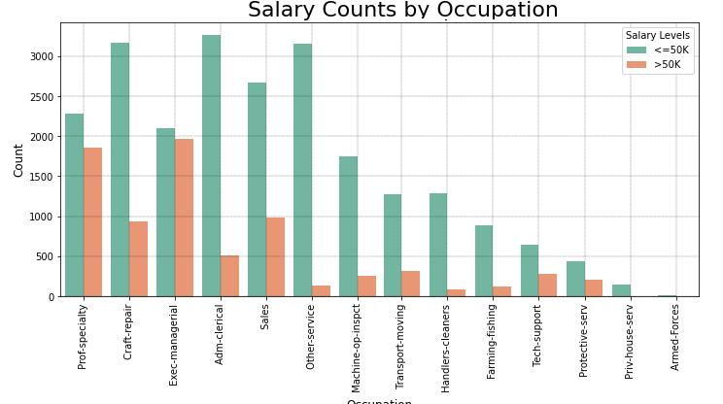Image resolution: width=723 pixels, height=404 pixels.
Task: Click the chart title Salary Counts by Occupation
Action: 402,11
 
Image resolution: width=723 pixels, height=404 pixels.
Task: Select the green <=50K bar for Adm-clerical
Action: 211,165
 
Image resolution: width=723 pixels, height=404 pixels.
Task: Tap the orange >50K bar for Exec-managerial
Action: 184,218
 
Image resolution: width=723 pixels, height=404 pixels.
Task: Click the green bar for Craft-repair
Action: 120,169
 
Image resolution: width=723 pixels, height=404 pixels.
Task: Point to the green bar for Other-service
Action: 302,170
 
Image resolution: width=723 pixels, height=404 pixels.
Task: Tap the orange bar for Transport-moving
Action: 411,284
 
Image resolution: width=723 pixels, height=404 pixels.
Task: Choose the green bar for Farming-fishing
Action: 484,260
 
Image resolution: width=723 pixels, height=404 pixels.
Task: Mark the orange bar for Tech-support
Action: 548,285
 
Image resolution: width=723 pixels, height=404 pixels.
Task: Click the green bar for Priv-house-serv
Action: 621,290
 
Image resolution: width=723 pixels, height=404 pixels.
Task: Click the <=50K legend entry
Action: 659,50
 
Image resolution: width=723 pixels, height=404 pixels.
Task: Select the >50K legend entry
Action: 659,65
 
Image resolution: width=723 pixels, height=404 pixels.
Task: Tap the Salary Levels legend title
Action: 657,36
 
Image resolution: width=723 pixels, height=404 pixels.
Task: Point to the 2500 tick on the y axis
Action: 43,97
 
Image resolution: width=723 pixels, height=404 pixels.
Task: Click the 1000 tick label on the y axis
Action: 43,217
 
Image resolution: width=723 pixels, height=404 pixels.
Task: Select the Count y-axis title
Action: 18,159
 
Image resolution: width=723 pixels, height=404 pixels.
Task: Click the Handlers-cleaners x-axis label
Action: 446,348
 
